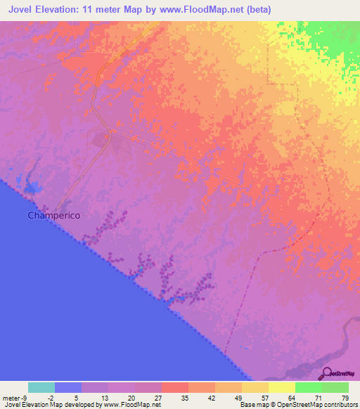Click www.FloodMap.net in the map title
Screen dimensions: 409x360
tap(211, 9)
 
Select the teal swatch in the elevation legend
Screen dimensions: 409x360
tap(41, 387)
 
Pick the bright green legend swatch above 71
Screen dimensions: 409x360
tap(309, 387)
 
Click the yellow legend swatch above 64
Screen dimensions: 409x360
tap(282, 387)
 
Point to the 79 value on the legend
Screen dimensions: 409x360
tap(345, 398)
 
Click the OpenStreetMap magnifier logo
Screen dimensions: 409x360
tap(327, 373)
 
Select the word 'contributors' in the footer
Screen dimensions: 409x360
tap(339, 405)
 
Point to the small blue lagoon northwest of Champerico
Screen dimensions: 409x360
tap(32, 187)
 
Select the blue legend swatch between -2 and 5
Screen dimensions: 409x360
tap(68, 387)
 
